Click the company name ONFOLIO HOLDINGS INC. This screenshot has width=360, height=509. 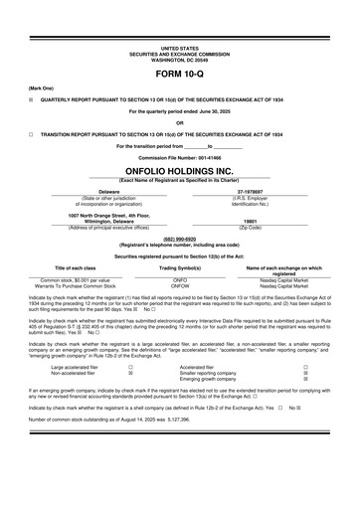(x=180, y=171)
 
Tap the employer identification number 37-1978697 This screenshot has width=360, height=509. (x=264, y=192)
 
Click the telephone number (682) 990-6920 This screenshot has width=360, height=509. (x=180, y=239)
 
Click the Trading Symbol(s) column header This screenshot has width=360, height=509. (x=180, y=267)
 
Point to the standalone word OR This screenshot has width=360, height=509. (x=180, y=122)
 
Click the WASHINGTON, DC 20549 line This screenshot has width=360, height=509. (x=179, y=59)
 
